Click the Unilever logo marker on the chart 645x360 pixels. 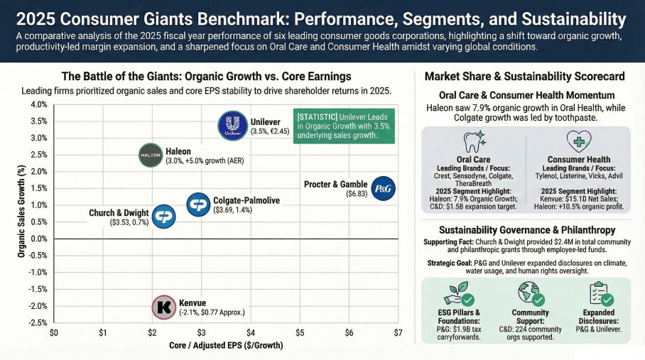pyautogui.click(x=232, y=126)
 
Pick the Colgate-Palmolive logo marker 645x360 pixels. pyautogui.click(x=198, y=204)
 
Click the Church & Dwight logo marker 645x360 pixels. pyautogui.click(x=164, y=217)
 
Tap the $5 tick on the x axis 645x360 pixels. pyautogui.click(x=300, y=333)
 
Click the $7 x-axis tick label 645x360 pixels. pyautogui.click(x=398, y=333)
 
